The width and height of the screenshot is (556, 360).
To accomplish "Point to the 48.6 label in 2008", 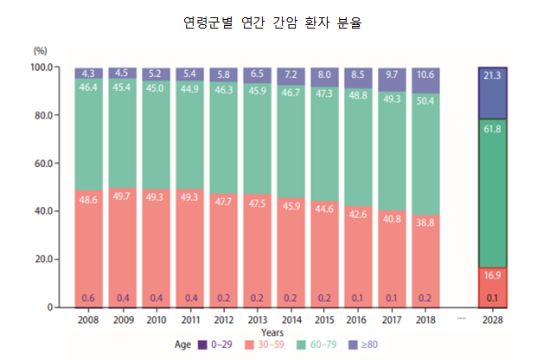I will click(x=89, y=199).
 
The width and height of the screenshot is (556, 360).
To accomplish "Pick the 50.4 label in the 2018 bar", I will click(x=426, y=100).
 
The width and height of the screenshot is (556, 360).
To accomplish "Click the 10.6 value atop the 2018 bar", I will click(x=426, y=74).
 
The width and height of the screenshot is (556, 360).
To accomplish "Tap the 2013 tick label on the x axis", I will click(x=258, y=319).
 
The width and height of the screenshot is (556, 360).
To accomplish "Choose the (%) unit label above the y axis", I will click(x=40, y=52).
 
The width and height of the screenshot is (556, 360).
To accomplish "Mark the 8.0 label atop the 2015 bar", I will click(x=325, y=74).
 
